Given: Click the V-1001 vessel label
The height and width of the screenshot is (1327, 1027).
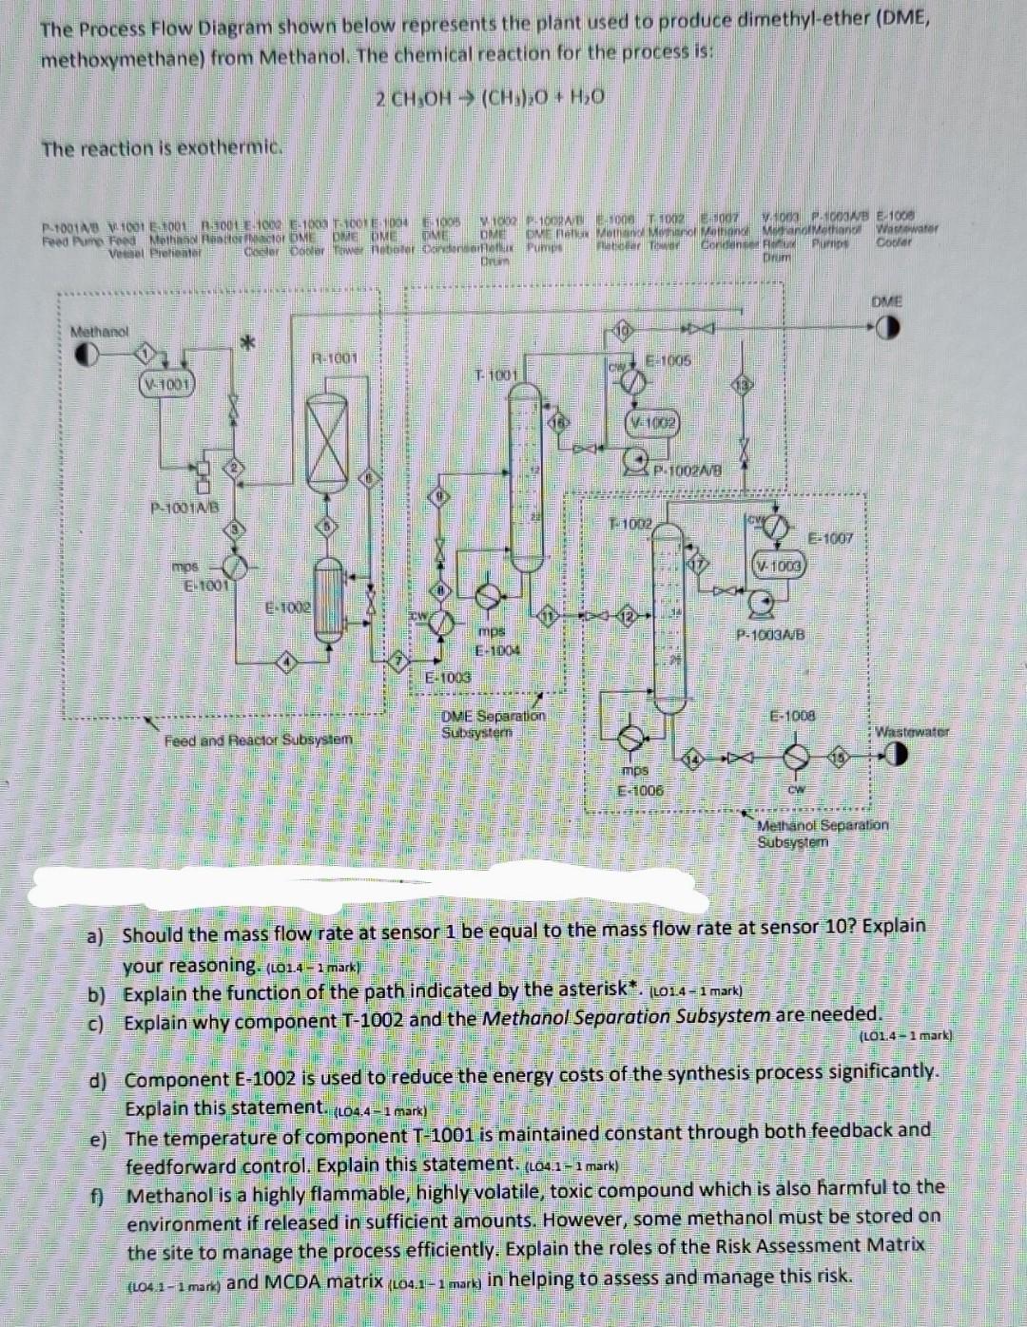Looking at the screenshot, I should click(166, 384).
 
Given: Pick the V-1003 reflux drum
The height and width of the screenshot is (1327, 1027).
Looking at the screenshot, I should click(780, 567).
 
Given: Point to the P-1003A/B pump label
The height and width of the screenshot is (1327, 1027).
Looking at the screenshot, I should click(770, 633).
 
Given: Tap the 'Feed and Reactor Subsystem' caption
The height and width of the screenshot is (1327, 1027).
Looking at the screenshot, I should click(258, 740).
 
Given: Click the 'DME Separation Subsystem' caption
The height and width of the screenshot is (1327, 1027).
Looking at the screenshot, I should click(494, 723).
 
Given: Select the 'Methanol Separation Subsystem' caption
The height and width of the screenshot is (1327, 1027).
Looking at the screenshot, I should click(822, 833).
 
